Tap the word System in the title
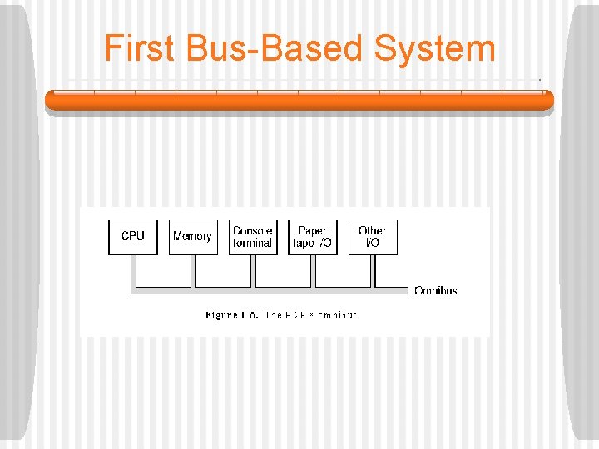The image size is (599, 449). (434, 48)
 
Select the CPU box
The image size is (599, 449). (133, 237)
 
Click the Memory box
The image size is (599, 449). (192, 237)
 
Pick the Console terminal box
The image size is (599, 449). (253, 237)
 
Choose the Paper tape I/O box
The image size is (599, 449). (313, 237)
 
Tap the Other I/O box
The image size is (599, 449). (372, 237)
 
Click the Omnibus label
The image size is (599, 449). (435, 290)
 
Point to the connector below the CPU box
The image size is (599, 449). (133, 271)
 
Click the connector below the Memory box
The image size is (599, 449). (193, 271)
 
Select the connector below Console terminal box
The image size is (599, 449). (253, 271)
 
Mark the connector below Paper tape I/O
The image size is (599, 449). (313, 271)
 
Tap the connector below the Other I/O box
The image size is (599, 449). (373, 271)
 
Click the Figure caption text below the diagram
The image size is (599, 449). (281, 315)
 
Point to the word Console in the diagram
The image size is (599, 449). (253, 230)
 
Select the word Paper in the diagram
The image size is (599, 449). (313, 230)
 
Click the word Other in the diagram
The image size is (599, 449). (372, 230)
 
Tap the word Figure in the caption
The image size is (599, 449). (222, 315)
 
